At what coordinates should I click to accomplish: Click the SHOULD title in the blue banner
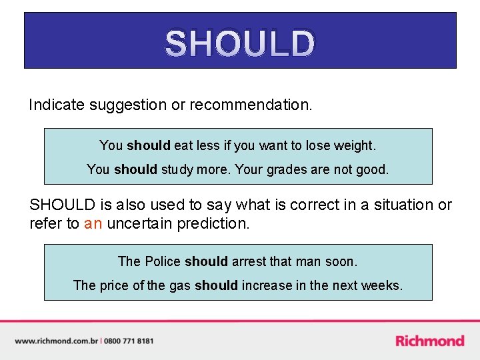[239, 44]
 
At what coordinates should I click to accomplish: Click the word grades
[287, 169]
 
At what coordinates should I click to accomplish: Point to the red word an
[93, 223]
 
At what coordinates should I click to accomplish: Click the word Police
[163, 261]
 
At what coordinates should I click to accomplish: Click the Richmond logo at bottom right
[429, 341]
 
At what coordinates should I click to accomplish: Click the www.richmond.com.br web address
[56, 341]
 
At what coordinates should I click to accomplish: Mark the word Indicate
[56, 105]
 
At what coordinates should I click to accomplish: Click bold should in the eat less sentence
[148, 145]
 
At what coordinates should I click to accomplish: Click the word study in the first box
[177, 169]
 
